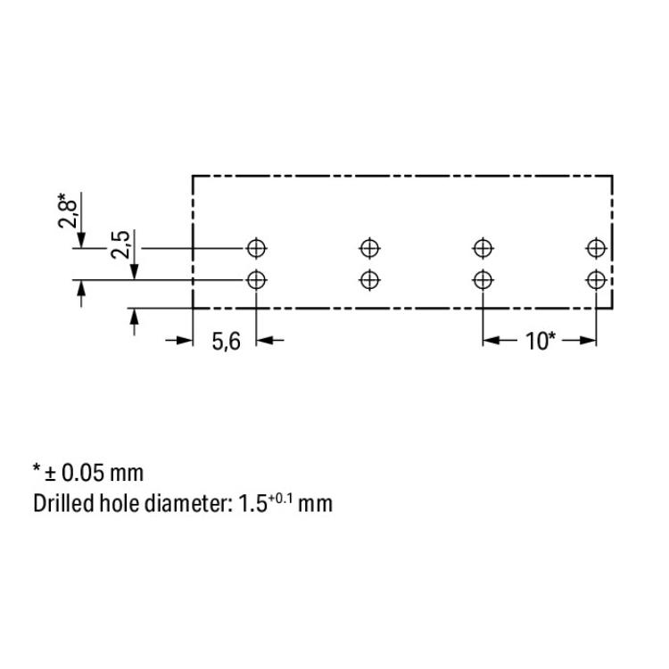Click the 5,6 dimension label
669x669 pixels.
(x=227, y=342)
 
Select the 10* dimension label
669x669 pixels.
(x=541, y=341)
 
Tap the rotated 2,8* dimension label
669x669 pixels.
(x=68, y=211)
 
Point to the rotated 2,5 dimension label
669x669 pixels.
(x=120, y=244)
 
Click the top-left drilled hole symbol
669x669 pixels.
(x=256, y=248)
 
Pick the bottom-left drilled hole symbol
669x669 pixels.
(x=256, y=280)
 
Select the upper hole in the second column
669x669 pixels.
(x=370, y=248)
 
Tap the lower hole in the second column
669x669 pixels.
(x=370, y=280)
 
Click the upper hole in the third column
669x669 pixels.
(x=483, y=248)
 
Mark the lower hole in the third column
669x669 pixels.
(x=483, y=280)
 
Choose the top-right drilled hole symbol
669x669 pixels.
(x=596, y=248)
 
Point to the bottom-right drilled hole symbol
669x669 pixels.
(x=596, y=280)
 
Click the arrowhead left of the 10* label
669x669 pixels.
(x=491, y=341)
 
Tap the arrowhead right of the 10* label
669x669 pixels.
(x=588, y=341)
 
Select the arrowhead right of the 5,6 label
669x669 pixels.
(x=265, y=341)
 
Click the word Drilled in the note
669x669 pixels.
(x=63, y=503)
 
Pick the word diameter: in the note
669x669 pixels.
(x=187, y=503)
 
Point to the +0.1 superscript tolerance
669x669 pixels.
(x=280, y=498)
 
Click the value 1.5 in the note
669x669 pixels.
(x=252, y=503)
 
